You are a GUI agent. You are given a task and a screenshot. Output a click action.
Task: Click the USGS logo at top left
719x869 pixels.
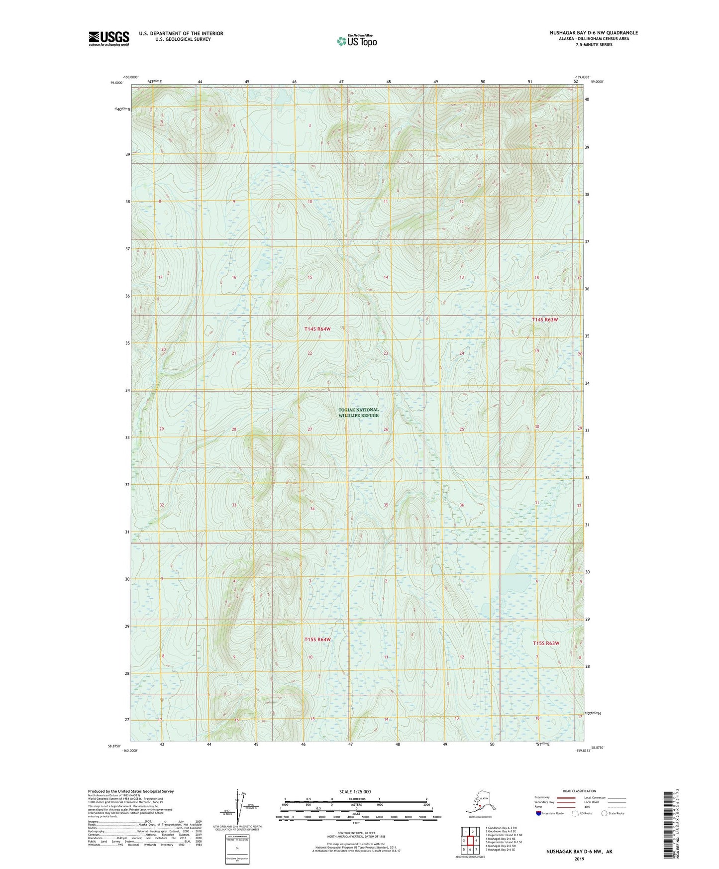pyautogui.click(x=108, y=38)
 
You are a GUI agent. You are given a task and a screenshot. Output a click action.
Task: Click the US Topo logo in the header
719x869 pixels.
pyautogui.click(x=357, y=41)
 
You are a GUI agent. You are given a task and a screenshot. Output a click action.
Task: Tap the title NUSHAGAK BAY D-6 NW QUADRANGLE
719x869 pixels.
pyautogui.click(x=594, y=33)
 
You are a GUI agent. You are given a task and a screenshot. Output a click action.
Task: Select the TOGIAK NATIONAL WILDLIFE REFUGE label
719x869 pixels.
pyautogui.click(x=358, y=413)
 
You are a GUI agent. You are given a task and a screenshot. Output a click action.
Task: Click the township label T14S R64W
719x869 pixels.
pyautogui.click(x=317, y=329)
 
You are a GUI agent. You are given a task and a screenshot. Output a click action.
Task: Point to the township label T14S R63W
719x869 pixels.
pyautogui.click(x=544, y=320)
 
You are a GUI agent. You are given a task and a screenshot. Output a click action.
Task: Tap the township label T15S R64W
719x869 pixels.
pyautogui.click(x=317, y=639)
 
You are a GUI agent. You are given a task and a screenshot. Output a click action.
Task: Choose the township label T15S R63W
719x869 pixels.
pyautogui.click(x=546, y=643)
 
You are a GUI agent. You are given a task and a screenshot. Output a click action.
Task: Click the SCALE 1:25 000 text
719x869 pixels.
pyautogui.click(x=355, y=791)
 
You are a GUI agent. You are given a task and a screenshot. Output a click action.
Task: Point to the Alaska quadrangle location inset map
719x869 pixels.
pyautogui.click(x=479, y=802)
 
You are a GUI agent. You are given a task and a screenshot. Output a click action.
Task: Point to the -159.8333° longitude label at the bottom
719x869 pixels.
pyautogui.click(x=580, y=751)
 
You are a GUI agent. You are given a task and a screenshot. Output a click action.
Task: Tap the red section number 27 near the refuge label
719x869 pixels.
pyautogui.click(x=310, y=429)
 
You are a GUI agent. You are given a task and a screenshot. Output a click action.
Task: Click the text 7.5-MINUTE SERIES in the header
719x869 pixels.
pyautogui.click(x=594, y=45)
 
